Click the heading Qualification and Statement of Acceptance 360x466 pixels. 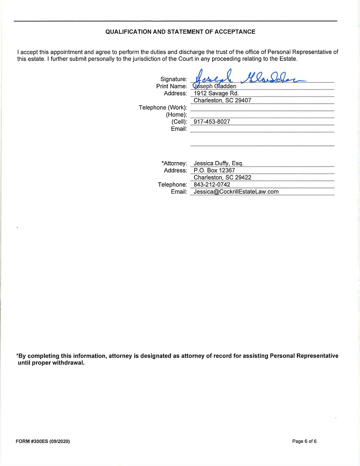point(180,32)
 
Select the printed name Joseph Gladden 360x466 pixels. point(215,86)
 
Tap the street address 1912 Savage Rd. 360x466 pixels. point(216,93)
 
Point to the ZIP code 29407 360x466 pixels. point(243,100)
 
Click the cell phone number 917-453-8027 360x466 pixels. point(212,122)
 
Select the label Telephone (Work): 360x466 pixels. point(163,108)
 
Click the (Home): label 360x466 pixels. point(176,115)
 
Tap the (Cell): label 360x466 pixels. point(179,122)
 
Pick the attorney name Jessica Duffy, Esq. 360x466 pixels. point(219,163)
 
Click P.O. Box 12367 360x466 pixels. point(214,170)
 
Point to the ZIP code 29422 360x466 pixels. point(243,178)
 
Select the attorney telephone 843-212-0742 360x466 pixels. point(212,185)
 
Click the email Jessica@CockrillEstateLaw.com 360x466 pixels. point(236,192)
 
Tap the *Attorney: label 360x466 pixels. point(174,163)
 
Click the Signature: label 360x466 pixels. point(174,79)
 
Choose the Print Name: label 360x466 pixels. point(171,86)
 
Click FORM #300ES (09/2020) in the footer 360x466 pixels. point(43,441)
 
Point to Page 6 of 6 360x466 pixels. point(304,441)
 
